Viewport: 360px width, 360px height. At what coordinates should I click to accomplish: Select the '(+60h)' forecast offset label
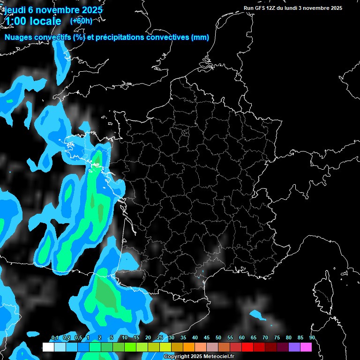pos(81,21)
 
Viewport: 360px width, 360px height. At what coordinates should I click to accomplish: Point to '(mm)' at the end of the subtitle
pos(200,38)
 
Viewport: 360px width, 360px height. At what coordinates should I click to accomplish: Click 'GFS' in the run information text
pos(260,8)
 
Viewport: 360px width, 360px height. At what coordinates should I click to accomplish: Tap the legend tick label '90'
pos(312,338)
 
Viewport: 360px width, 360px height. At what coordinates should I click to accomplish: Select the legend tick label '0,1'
pos(54,338)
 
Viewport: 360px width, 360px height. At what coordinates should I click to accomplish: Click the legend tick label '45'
pos(207,338)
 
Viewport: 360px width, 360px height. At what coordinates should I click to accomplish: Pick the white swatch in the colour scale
pos(48,347)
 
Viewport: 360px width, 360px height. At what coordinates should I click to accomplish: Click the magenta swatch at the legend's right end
pos(306,347)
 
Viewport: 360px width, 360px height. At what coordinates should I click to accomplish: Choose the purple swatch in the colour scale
pos(294,347)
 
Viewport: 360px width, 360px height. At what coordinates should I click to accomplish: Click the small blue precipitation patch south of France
pos(257,314)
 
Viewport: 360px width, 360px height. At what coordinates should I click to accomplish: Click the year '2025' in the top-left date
pos(91,9)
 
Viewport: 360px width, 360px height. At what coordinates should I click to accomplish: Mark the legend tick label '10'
pos(125,338)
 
